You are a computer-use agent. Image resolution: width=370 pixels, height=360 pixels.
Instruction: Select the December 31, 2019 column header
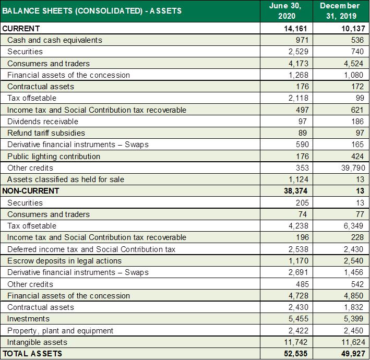coord(340,11)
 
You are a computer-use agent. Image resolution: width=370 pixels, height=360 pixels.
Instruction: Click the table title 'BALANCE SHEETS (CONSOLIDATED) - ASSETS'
coord(92,11)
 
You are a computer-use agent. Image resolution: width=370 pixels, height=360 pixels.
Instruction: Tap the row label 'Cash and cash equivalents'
coord(55,40)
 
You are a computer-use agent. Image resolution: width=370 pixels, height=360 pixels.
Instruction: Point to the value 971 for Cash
coord(302,40)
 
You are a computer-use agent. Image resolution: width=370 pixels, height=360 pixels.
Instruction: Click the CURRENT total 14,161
coord(295,29)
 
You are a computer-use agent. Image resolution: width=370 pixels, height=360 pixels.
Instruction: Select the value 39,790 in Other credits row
coord(353,168)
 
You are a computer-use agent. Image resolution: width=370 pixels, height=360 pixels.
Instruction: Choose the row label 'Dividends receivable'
coord(43,122)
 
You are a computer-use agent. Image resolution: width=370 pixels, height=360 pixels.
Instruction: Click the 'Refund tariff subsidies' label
coord(46,133)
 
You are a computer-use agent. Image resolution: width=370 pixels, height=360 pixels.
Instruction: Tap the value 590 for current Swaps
coord(302,145)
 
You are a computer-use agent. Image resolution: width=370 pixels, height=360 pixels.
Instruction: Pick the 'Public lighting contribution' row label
coord(54,157)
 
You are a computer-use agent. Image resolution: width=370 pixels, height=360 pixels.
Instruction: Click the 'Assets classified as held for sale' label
coord(66,179)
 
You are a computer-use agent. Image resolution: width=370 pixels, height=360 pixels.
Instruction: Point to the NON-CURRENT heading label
coord(30,191)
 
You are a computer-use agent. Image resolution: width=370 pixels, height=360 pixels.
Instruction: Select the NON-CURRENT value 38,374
coord(296,191)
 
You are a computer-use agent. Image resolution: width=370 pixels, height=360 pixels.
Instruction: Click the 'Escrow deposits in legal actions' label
coord(64,261)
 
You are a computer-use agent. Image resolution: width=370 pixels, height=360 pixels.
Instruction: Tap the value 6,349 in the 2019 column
coord(353,226)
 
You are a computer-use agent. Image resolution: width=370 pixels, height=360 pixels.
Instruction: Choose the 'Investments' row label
coord(28,319)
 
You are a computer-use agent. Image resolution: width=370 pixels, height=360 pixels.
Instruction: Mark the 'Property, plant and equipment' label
coord(60,331)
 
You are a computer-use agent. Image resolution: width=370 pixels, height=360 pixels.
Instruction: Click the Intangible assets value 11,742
coord(296,342)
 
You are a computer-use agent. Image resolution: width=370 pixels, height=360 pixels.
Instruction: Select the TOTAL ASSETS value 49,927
coord(353,354)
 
